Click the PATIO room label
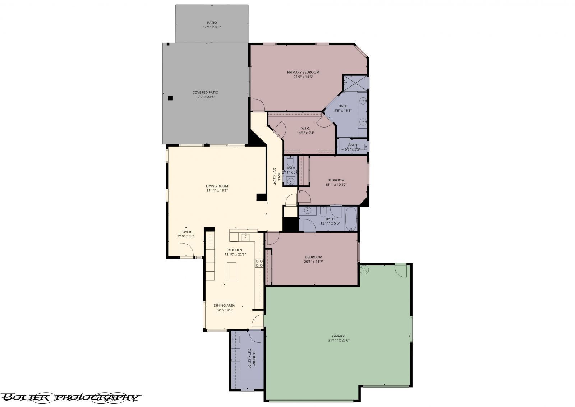pyautogui.click(x=212, y=23)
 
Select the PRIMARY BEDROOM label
pyautogui.click(x=303, y=72)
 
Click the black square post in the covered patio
pyautogui.click(x=170, y=98)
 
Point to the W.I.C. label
pyautogui.click(x=305, y=128)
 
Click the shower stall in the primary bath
pyautogui.click(x=355, y=83)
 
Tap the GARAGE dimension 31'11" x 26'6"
pyautogui.click(x=339, y=341)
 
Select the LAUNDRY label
pyautogui.click(x=254, y=358)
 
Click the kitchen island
pyautogui.click(x=232, y=272)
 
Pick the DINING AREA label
pyautogui.click(x=224, y=306)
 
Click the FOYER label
pyautogui.click(x=186, y=232)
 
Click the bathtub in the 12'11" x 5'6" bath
pyautogui.click(x=351, y=219)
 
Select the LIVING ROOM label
pyautogui.click(x=217, y=186)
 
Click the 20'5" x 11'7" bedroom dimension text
pyautogui.click(x=314, y=262)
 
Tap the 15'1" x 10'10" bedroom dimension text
pyautogui.click(x=336, y=185)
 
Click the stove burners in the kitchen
pyautogui.click(x=259, y=263)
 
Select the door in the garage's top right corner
pyautogui.click(x=401, y=269)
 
